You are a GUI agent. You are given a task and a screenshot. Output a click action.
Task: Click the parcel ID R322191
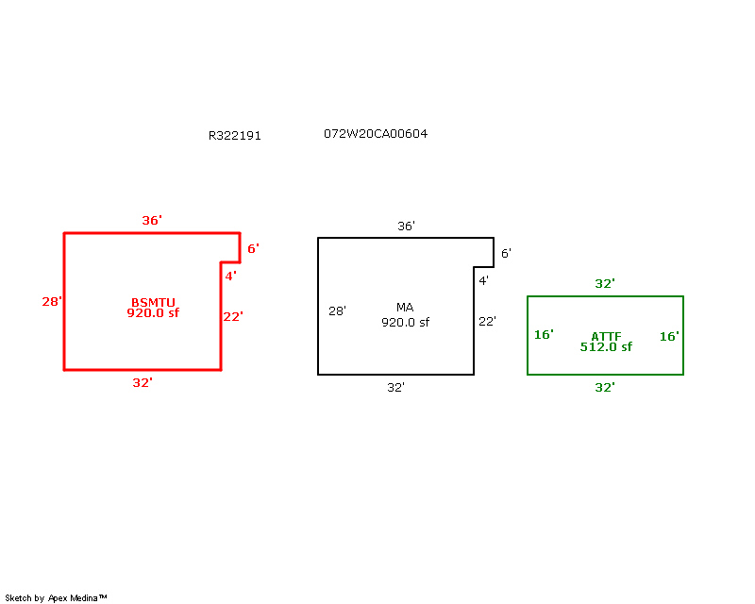pyautogui.click(x=234, y=135)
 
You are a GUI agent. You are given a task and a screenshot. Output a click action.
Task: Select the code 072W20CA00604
pyautogui.click(x=376, y=133)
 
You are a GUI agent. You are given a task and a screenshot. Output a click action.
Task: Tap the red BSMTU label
pyautogui.click(x=153, y=302)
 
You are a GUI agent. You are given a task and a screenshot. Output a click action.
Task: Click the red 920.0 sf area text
pyautogui.click(x=153, y=313)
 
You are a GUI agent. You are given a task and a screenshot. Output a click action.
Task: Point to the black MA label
pyautogui.click(x=405, y=307)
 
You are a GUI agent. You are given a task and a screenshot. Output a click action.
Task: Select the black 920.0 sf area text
pyautogui.click(x=405, y=322)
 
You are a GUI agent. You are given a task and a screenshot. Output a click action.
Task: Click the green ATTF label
pyautogui.click(x=606, y=336)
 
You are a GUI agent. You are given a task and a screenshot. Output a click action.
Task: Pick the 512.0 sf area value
pyautogui.click(x=606, y=346)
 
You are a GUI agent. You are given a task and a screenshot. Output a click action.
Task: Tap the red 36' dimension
pyautogui.click(x=152, y=220)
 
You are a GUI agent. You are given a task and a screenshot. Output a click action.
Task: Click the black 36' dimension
pyautogui.click(x=406, y=226)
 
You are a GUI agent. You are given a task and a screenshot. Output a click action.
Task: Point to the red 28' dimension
pyautogui.click(x=52, y=301)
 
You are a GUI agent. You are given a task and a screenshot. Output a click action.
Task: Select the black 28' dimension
pyautogui.click(x=337, y=311)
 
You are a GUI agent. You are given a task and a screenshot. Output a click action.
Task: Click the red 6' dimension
pyautogui.click(x=253, y=248)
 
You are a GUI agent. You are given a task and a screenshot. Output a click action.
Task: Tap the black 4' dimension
pyautogui.click(x=483, y=280)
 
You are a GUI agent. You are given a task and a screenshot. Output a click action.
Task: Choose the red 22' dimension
pyautogui.click(x=233, y=316)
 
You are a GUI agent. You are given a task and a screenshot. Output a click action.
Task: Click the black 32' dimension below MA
pyautogui.click(x=395, y=387)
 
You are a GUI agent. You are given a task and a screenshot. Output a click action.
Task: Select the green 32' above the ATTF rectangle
pyautogui.click(x=605, y=283)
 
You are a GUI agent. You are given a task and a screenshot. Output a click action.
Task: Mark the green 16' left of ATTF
pyautogui.click(x=544, y=334)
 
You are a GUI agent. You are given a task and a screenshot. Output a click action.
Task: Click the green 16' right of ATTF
pyautogui.click(x=669, y=336)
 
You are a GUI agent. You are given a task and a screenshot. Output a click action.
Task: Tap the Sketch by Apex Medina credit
pyautogui.click(x=56, y=597)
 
